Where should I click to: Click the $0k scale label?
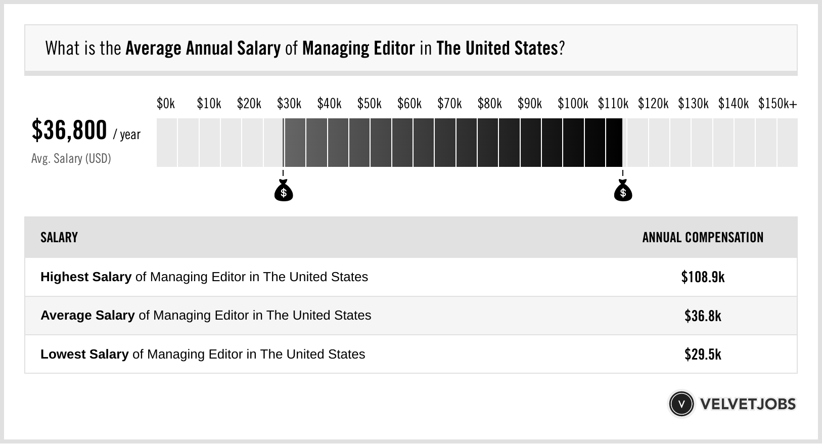[x=166, y=104]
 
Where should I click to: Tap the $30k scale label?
[x=289, y=104]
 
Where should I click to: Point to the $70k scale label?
[x=449, y=104]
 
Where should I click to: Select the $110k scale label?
[x=613, y=104]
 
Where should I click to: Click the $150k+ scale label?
[x=777, y=104]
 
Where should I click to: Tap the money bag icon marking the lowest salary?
[x=284, y=191]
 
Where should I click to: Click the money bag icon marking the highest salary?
[x=623, y=191]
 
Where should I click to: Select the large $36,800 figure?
[x=69, y=130]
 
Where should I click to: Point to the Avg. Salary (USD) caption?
[x=71, y=159]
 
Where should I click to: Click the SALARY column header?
[x=59, y=238]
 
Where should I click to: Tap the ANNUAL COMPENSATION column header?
[x=703, y=238]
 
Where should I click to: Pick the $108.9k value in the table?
[x=703, y=277]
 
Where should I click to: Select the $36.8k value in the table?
[x=703, y=316]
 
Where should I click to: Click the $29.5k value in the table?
[x=703, y=354]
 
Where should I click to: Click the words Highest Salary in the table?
[x=86, y=277]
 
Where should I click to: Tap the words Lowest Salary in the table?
[x=84, y=354]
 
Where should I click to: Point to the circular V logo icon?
[x=681, y=404]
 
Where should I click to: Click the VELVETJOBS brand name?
[x=748, y=404]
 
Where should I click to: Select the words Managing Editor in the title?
[x=358, y=49]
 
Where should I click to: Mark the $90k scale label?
[x=529, y=104]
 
